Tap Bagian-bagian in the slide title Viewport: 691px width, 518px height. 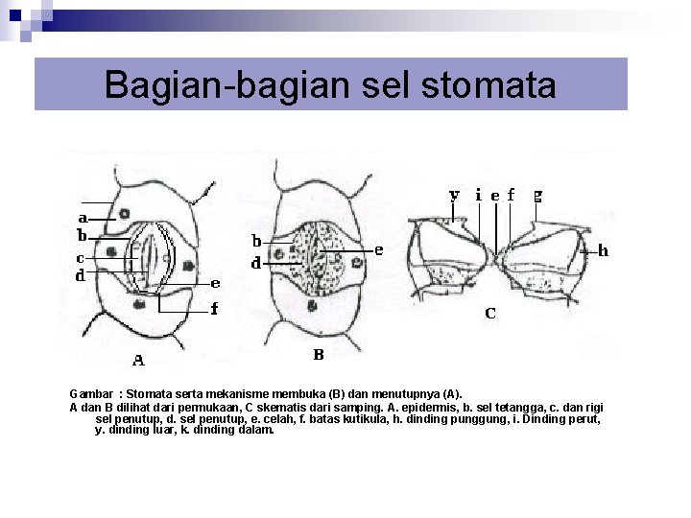point(200,84)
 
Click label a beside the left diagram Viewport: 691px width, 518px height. point(83,218)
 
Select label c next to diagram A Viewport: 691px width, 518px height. point(81,257)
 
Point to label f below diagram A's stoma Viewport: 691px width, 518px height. point(214,308)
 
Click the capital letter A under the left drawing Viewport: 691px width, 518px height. point(138,361)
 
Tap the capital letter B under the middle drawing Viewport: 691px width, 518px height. point(319,354)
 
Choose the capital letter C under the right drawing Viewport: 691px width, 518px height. point(489,313)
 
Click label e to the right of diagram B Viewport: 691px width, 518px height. point(379,249)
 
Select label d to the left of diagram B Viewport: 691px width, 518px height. point(256,262)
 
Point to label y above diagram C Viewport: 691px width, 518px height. point(455,195)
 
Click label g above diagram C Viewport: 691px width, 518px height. point(537,195)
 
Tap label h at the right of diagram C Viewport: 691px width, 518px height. point(603,251)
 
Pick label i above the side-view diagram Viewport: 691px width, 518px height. point(479,194)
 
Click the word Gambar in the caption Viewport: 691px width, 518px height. point(90,393)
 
